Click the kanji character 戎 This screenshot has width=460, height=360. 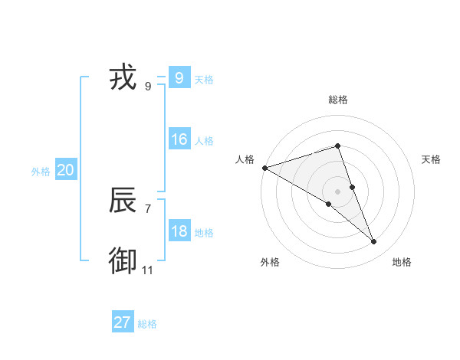point(123,77)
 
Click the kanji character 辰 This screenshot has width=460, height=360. point(123,200)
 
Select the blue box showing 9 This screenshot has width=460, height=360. point(179,77)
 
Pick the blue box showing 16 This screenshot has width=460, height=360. point(179,139)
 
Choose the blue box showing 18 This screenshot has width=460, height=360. point(179,231)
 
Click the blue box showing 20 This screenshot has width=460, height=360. point(65,170)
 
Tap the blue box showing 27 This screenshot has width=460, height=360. point(123,322)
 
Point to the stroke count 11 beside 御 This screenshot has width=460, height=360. point(147,270)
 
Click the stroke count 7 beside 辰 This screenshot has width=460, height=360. point(147,208)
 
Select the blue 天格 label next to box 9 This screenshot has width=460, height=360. point(204,80)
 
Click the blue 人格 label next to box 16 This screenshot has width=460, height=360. point(204,141)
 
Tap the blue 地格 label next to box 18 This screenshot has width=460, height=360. point(204,233)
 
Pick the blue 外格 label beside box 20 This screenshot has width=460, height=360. point(41,172)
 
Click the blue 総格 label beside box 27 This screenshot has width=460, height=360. point(147,324)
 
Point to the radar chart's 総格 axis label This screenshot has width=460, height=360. point(338,100)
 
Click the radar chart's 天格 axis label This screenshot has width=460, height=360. point(432,159)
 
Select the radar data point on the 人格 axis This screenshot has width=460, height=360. point(264,167)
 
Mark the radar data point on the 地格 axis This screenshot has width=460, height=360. point(373,241)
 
